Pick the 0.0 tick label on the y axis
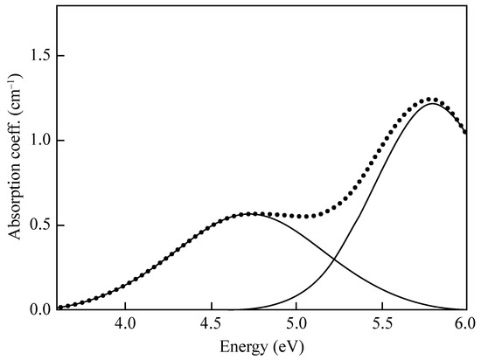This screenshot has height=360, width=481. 41,309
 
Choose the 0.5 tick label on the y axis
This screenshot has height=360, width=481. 41,225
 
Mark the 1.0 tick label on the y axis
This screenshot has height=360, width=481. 41,140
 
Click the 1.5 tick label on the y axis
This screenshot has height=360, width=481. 41,56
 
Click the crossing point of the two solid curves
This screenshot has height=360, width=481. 334,260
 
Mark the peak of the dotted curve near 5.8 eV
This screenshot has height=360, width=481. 429,100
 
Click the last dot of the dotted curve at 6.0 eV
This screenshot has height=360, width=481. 465,132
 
